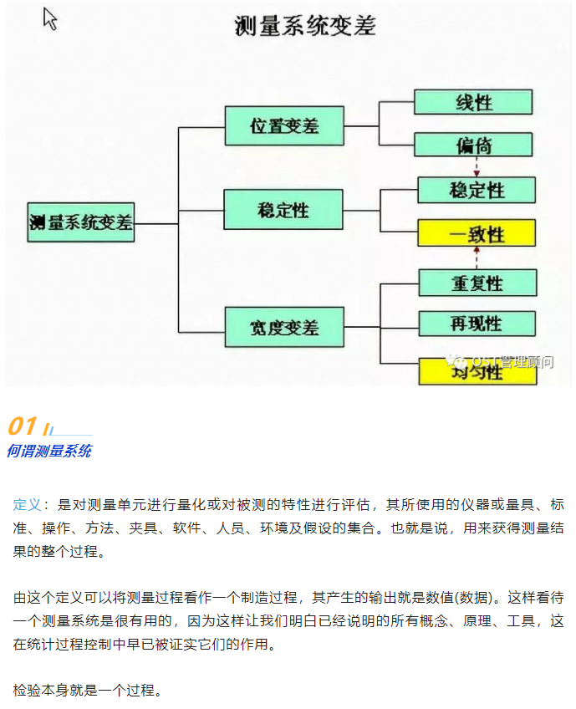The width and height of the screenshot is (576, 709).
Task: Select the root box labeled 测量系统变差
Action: coord(80,222)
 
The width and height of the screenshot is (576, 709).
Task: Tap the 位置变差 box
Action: coord(283,126)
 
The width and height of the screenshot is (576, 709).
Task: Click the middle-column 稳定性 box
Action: coord(283,209)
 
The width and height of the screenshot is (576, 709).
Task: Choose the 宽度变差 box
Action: coord(283,326)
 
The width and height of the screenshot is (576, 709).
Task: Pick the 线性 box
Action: coord(473,102)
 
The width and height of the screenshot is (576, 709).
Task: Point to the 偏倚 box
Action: coord(473,145)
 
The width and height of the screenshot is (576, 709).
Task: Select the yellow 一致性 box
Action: coord(477,233)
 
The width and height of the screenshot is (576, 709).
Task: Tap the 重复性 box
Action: coord(477,283)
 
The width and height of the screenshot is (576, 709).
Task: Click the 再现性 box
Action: coord(477,324)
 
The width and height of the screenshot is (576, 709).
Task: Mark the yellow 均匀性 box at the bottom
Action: coord(477,371)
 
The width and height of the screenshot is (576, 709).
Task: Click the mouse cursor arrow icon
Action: coord(50,19)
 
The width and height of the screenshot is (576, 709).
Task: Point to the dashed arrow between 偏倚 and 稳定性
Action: coord(476,167)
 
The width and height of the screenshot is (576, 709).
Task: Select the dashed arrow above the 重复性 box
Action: coord(476,258)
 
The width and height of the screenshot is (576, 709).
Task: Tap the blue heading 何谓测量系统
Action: coord(48,451)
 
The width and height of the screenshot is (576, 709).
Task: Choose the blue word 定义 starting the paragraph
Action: coord(27,505)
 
